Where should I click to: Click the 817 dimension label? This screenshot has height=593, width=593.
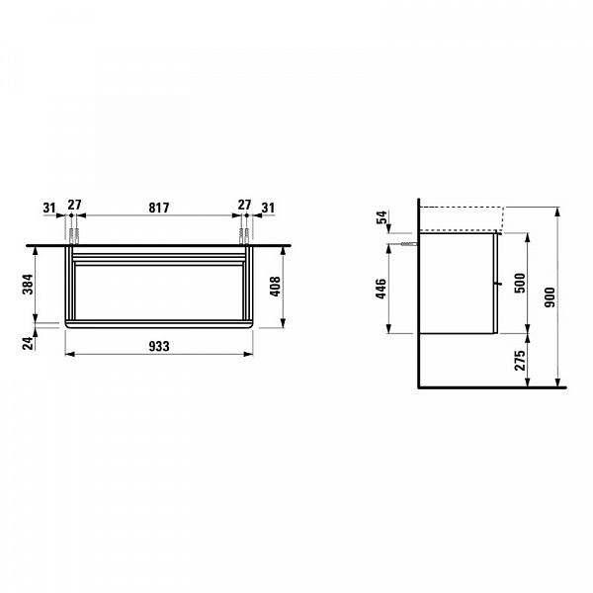point(159,208)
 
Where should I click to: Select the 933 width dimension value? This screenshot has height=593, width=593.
point(159,346)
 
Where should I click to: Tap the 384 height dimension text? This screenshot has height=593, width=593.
point(28,285)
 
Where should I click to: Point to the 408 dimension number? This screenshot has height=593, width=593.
point(275,287)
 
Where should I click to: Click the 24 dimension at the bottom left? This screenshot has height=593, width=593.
point(28,343)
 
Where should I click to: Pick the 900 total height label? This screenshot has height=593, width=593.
point(550,297)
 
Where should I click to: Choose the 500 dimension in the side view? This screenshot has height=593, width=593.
point(521,283)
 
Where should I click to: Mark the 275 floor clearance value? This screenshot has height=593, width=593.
point(521,360)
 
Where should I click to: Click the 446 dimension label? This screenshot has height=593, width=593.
point(381,289)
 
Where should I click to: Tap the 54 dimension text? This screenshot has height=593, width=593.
point(382,217)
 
